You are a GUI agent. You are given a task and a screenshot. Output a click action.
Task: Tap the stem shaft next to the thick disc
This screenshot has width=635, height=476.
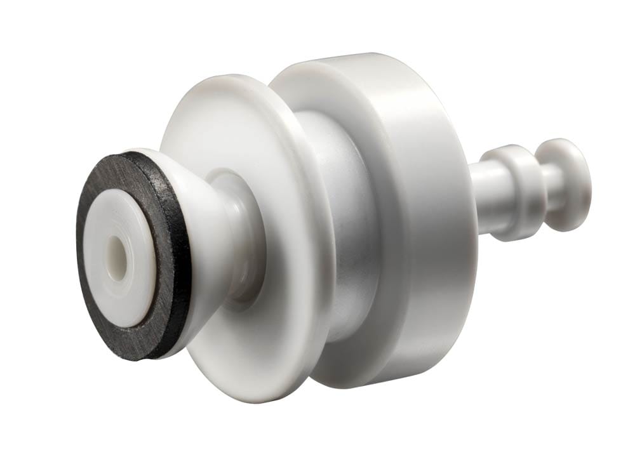coord(486,197)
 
